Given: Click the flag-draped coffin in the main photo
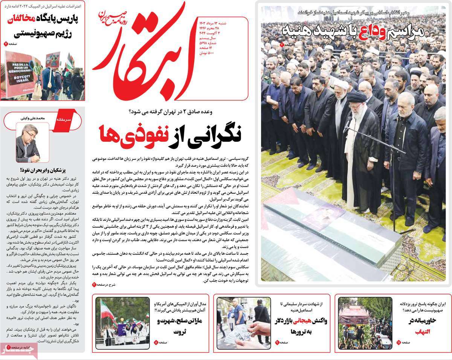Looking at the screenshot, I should pos(331,226).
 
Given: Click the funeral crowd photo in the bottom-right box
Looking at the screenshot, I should pos(360,323).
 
